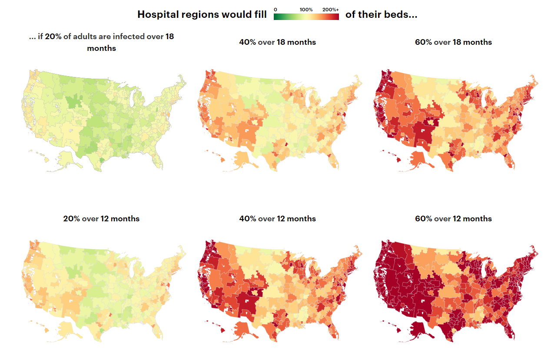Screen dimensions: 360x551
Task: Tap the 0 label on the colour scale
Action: pyautogui.click(x=275, y=9)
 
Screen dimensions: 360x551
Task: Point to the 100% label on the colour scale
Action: pyautogui.click(x=306, y=9)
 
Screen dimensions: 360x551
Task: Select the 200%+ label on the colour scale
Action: pyautogui.click(x=330, y=9)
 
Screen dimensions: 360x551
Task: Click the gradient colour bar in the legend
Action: pyautogui.click(x=306, y=17)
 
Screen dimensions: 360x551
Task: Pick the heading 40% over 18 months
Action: pyautogui.click(x=277, y=42)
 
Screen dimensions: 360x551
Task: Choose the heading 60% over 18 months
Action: pyautogui.click(x=453, y=42)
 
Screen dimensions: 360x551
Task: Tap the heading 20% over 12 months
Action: pyautogui.click(x=101, y=219)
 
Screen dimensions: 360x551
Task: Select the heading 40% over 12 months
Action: pyautogui.click(x=277, y=219)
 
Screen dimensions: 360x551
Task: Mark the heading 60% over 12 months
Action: pyautogui.click(x=453, y=219)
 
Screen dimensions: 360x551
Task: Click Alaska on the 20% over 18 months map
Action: pyautogui.click(x=68, y=157)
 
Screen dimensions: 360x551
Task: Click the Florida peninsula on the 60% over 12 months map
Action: pyautogui.click(x=511, y=331)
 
